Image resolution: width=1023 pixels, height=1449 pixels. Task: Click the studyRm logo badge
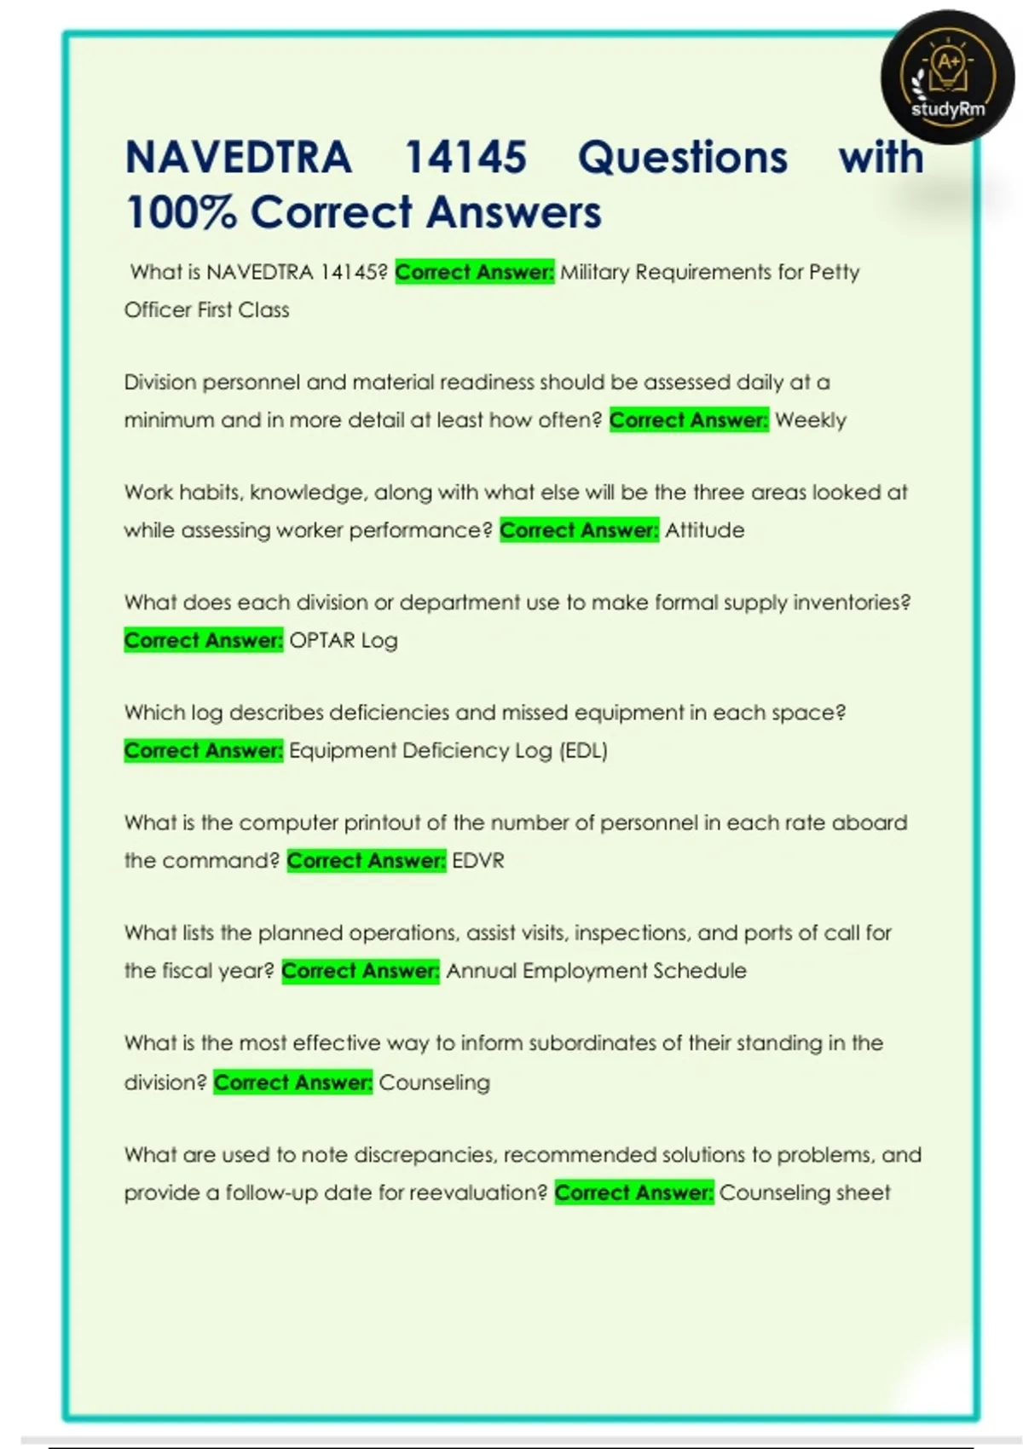pyautogui.click(x=947, y=78)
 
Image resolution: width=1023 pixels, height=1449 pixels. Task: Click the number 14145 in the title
pyautogui.click(x=465, y=158)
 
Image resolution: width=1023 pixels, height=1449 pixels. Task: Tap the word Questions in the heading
pyautogui.click(x=683, y=158)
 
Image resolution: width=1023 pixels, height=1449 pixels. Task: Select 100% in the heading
pyautogui.click(x=181, y=212)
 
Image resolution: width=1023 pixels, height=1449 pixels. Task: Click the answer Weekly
pyautogui.click(x=811, y=420)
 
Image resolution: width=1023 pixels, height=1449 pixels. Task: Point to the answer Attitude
pyautogui.click(x=705, y=530)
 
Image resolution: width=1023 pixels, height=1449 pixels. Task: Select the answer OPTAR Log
pyautogui.click(x=344, y=640)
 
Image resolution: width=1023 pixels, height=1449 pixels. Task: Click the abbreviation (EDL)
pyautogui.click(x=584, y=751)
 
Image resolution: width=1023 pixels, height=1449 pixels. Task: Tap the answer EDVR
pyautogui.click(x=478, y=861)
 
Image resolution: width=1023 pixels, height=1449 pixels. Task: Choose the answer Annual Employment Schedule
pyautogui.click(x=597, y=971)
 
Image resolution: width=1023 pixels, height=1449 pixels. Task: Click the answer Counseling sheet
pyautogui.click(x=805, y=1192)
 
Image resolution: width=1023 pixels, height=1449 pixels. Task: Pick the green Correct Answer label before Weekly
pyautogui.click(x=689, y=420)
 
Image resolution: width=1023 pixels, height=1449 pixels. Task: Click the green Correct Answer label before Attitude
pyautogui.click(x=579, y=530)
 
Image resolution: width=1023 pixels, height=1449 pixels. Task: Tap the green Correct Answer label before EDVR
pyautogui.click(x=367, y=861)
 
